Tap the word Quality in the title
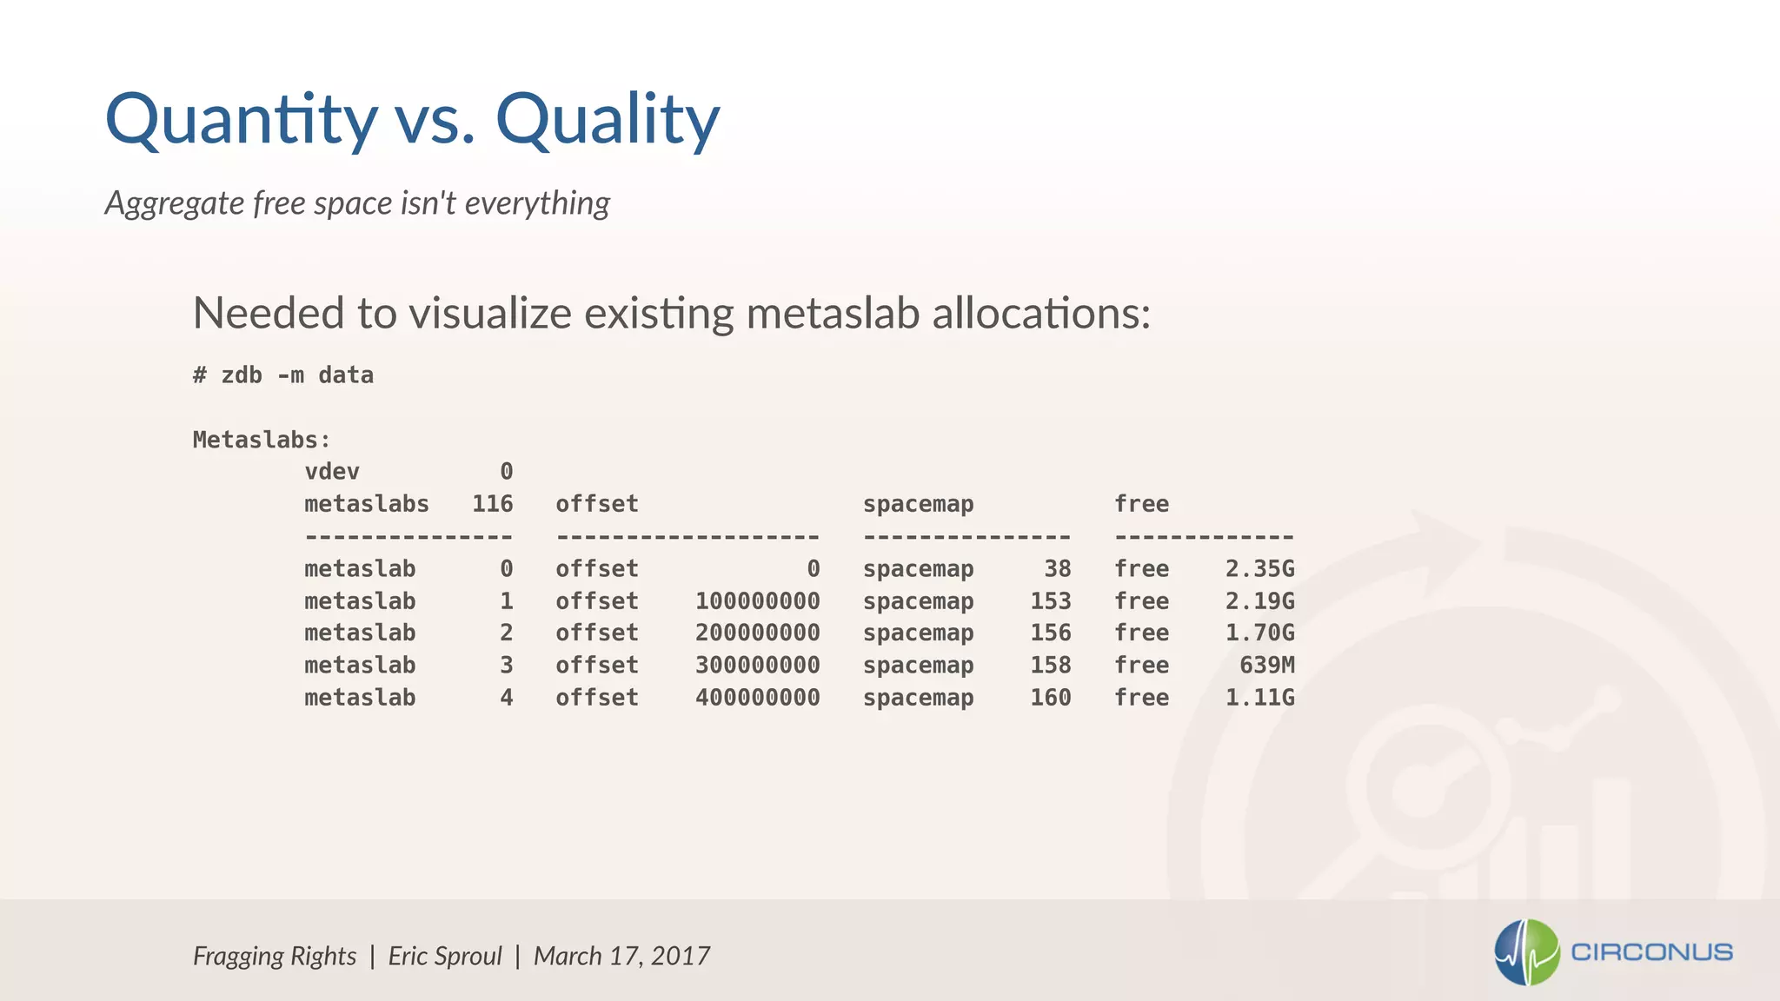[x=608, y=120]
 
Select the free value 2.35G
[x=1259, y=569]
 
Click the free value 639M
[x=1266, y=666]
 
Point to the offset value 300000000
[x=757, y=666]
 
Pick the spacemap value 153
[x=1050, y=601]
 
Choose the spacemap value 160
[x=1050, y=698]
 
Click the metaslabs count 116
[x=492, y=504]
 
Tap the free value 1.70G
[x=1259, y=633]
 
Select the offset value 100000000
[x=757, y=601]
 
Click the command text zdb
[x=242, y=375]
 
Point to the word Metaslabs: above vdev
[x=262, y=440]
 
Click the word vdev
[x=332, y=472]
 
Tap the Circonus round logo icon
[x=1526, y=952]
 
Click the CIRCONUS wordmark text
[x=1651, y=952]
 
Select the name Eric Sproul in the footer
[x=445, y=956]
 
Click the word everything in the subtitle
[x=537, y=203]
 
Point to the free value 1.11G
[x=1259, y=698]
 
